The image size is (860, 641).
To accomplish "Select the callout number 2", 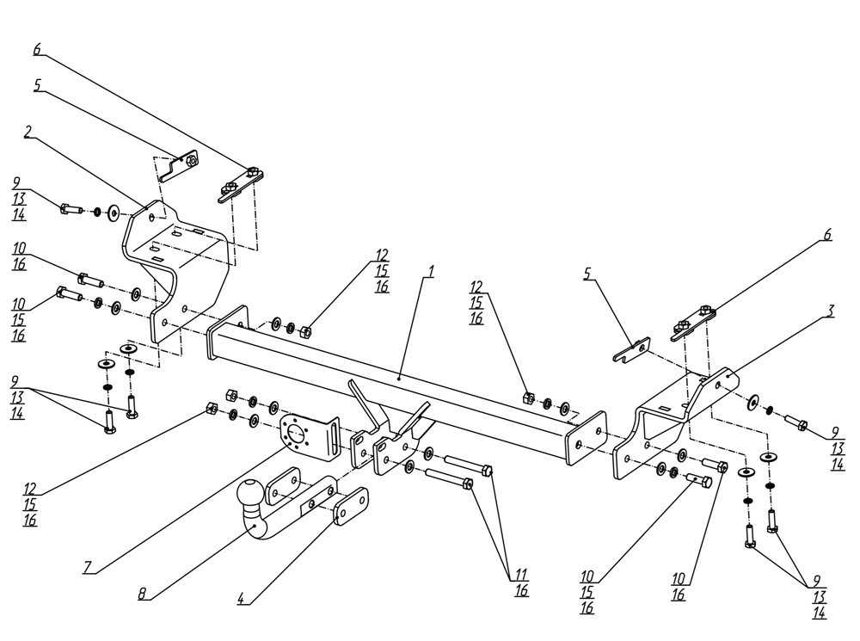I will [x=28, y=132].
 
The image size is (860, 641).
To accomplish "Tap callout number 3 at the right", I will [x=829, y=311].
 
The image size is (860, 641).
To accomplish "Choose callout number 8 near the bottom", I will [x=141, y=593].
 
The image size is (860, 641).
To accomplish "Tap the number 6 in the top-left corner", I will [x=37, y=49].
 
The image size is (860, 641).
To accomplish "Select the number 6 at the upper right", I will [x=827, y=234].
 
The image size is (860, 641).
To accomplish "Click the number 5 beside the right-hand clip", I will [x=587, y=274].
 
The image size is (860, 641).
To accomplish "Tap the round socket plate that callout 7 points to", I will [x=295, y=435].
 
